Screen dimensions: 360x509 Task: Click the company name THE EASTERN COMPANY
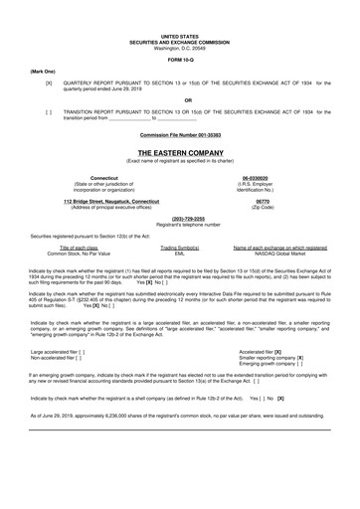(x=180, y=153)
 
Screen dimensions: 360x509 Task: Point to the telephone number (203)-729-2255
(x=180, y=219)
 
